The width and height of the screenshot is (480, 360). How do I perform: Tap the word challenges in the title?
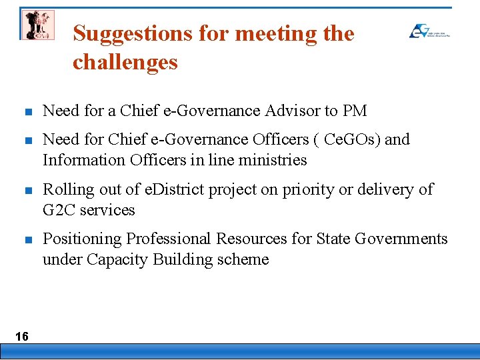tap(125, 62)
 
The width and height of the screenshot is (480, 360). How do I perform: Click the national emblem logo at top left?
tap(37, 25)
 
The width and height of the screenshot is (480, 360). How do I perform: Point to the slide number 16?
tap(22, 337)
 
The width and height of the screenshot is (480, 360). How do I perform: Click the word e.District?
tap(175, 189)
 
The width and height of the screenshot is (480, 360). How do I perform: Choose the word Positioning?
tap(82, 239)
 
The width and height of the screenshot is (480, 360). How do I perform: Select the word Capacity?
tap(124, 259)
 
